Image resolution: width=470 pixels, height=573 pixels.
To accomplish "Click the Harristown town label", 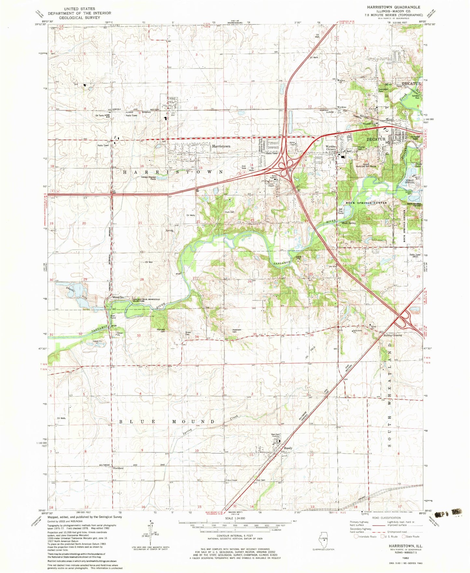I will (221, 146).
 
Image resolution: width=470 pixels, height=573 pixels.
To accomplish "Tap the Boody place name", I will (288, 448).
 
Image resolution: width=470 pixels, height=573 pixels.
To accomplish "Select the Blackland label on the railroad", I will (118, 468).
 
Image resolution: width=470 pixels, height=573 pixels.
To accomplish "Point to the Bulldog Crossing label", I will (393, 335).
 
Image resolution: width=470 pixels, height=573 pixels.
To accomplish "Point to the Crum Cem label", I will (230, 212).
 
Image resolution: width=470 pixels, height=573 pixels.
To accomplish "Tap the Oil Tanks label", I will (100, 115).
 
